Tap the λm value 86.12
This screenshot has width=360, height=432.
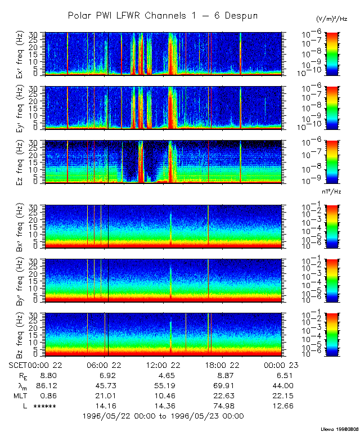[x=44, y=385]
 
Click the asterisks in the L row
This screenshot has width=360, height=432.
[x=44, y=406]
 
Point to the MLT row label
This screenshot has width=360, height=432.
[x=19, y=395]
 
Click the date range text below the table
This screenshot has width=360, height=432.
[x=163, y=416]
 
